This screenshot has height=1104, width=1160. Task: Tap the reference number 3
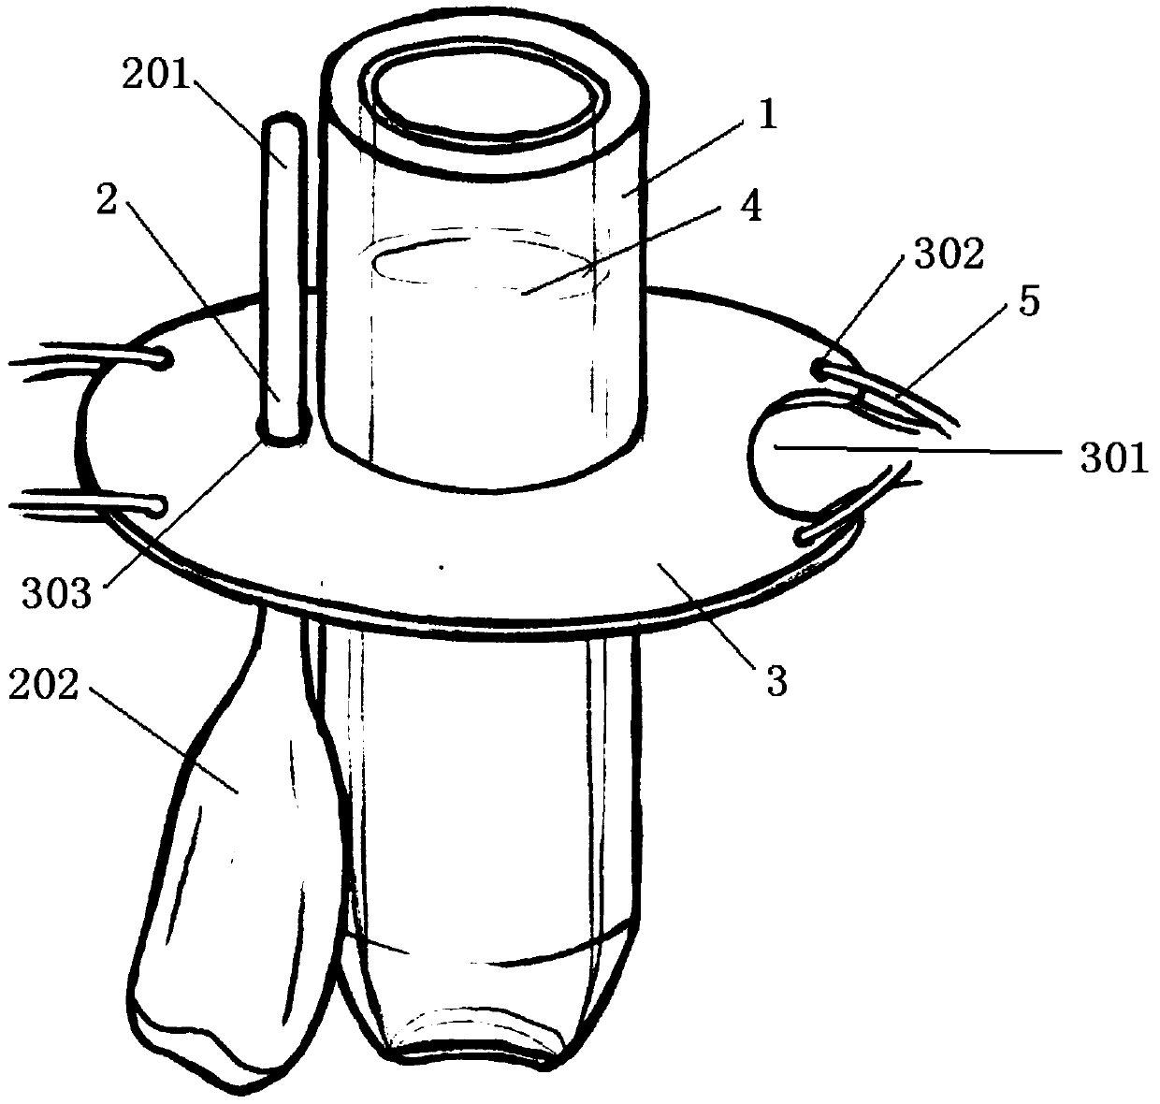point(776,680)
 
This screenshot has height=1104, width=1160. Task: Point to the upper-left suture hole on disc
point(164,356)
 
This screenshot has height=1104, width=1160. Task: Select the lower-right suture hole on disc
point(804,536)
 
